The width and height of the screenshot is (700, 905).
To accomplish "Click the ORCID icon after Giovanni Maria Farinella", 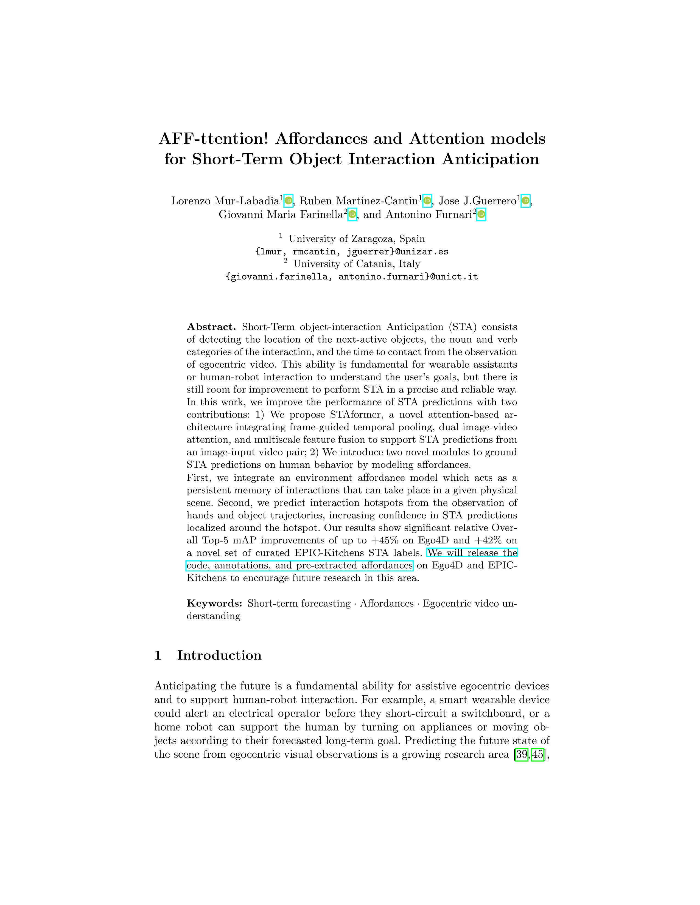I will pyautogui.click(x=352, y=214).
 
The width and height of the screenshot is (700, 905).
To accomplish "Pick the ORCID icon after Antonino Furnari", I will pyautogui.click(x=481, y=214).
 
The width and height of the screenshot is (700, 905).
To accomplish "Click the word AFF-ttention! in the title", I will pyautogui.click(x=213, y=139).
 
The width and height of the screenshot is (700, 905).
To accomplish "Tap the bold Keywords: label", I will pyautogui.click(x=214, y=603).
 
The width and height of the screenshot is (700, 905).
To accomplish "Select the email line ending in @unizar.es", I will pyautogui.click(x=352, y=252).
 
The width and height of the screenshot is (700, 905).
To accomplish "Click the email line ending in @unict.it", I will pyautogui.click(x=352, y=277).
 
